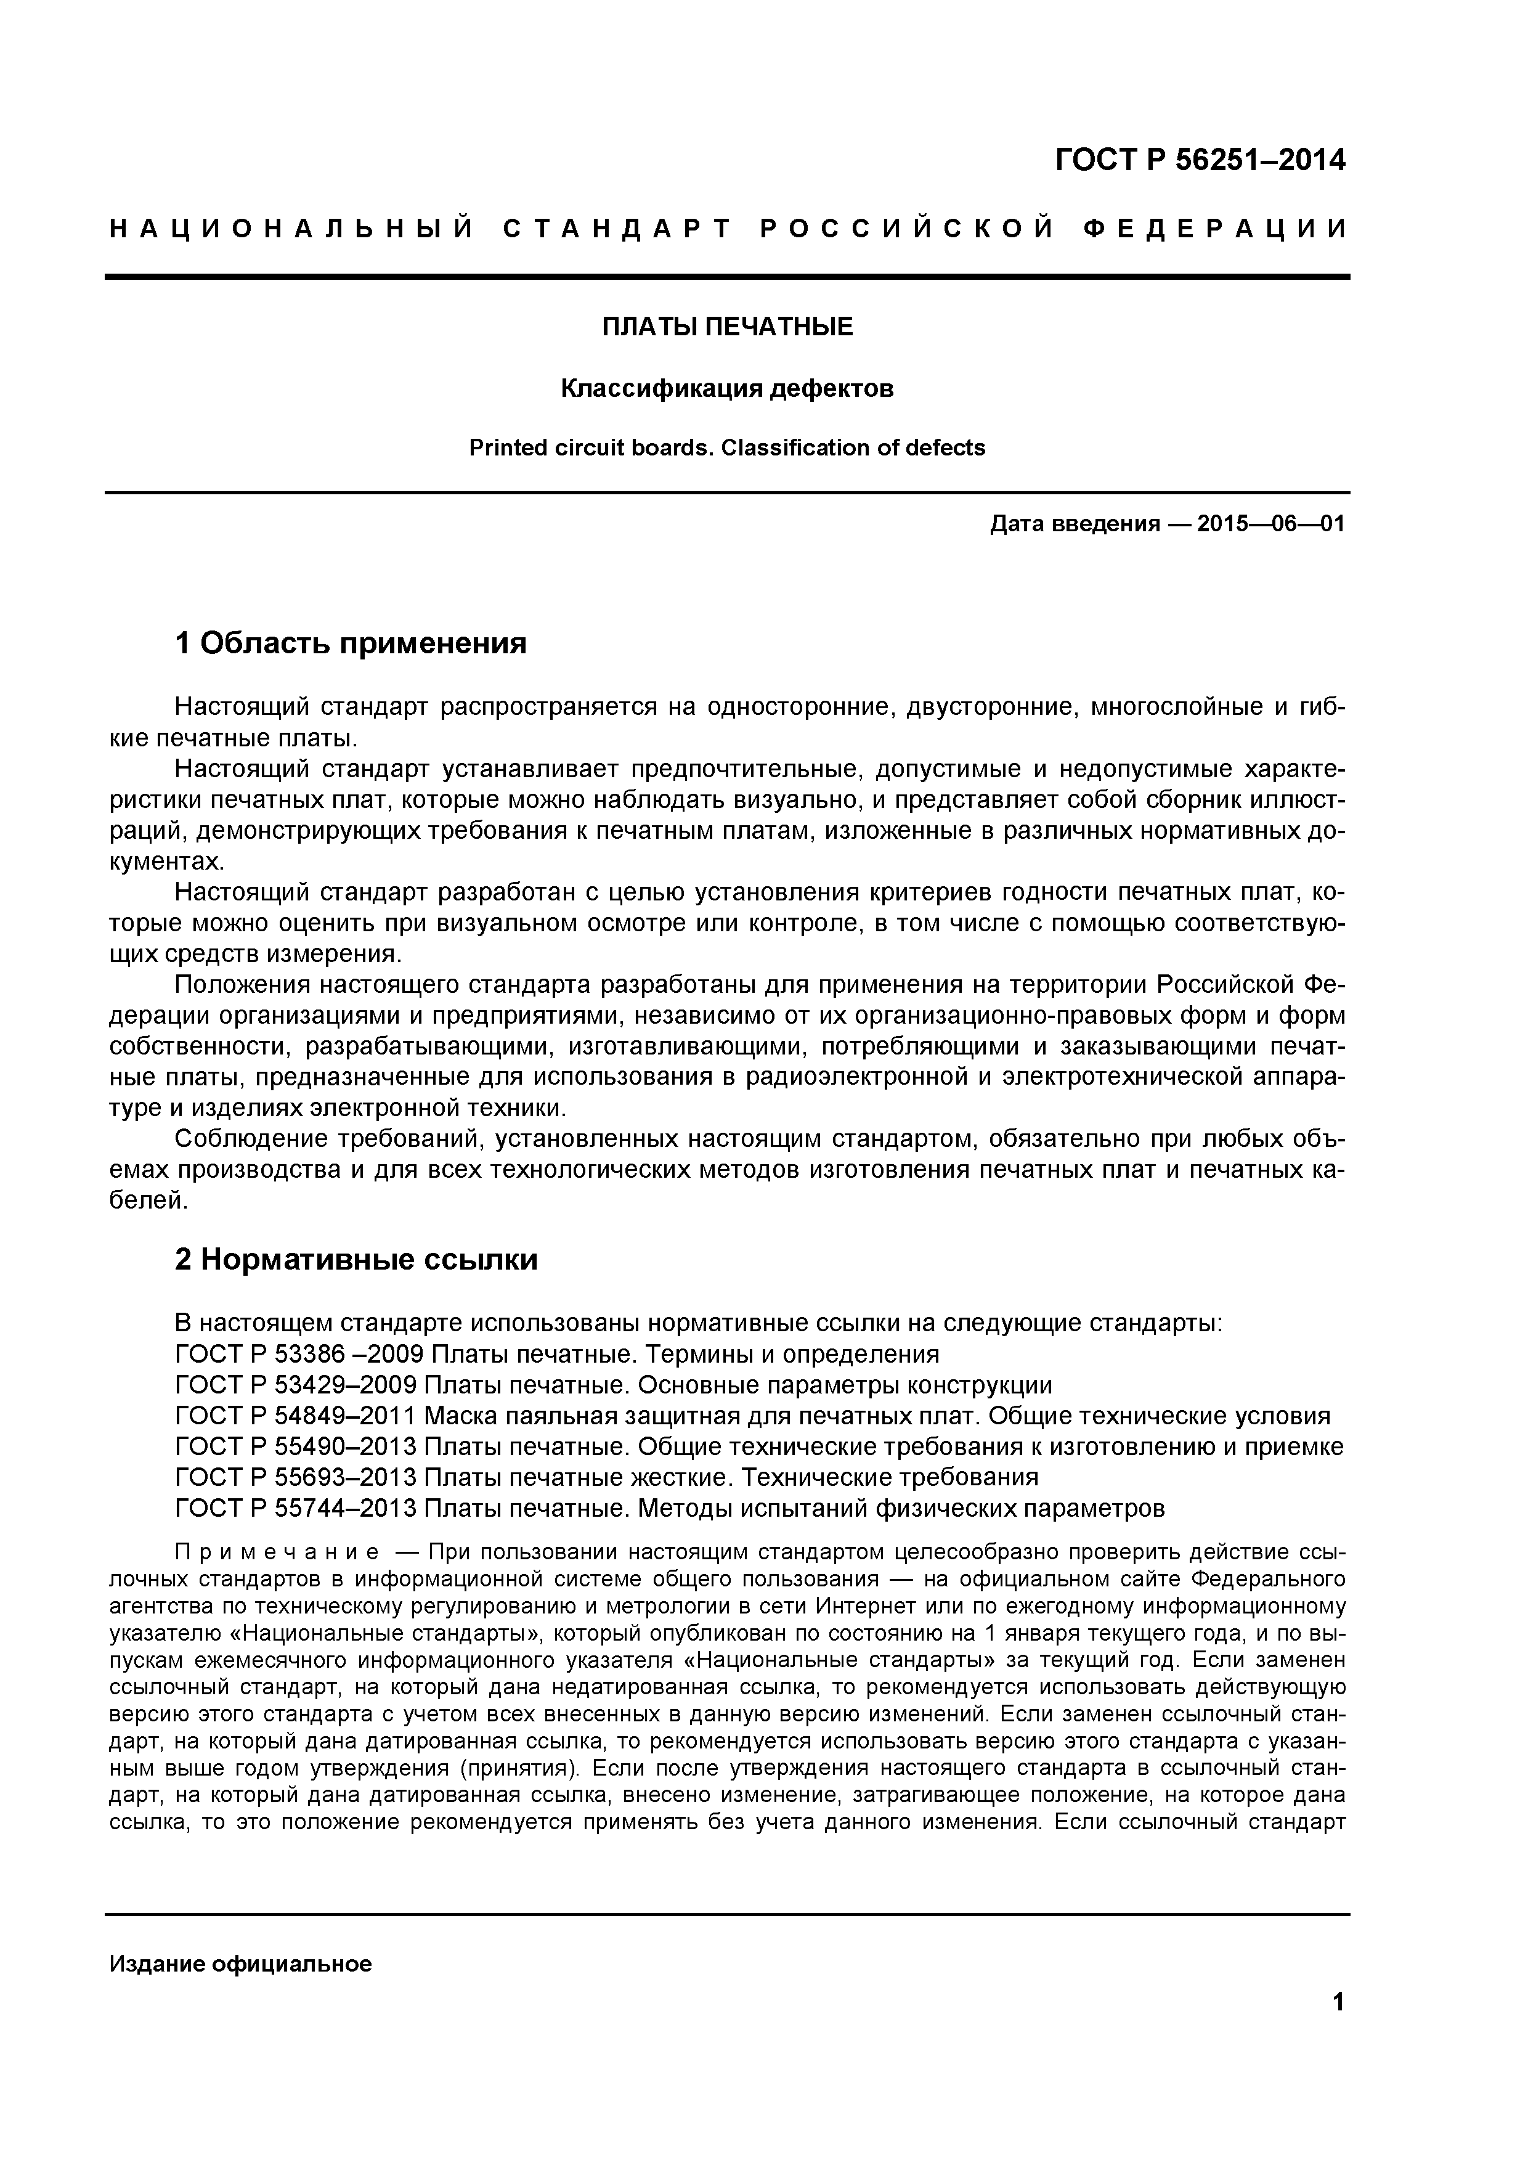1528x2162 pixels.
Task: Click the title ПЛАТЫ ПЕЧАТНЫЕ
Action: coord(727,327)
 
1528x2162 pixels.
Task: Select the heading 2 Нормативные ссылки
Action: coord(356,1259)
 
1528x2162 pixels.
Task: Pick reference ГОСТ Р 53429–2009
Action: coord(296,1385)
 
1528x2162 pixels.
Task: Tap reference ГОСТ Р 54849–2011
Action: coord(296,1416)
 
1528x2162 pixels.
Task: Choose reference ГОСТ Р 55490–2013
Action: coord(296,1446)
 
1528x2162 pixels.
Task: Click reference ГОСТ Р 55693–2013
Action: coord(296,1477)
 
